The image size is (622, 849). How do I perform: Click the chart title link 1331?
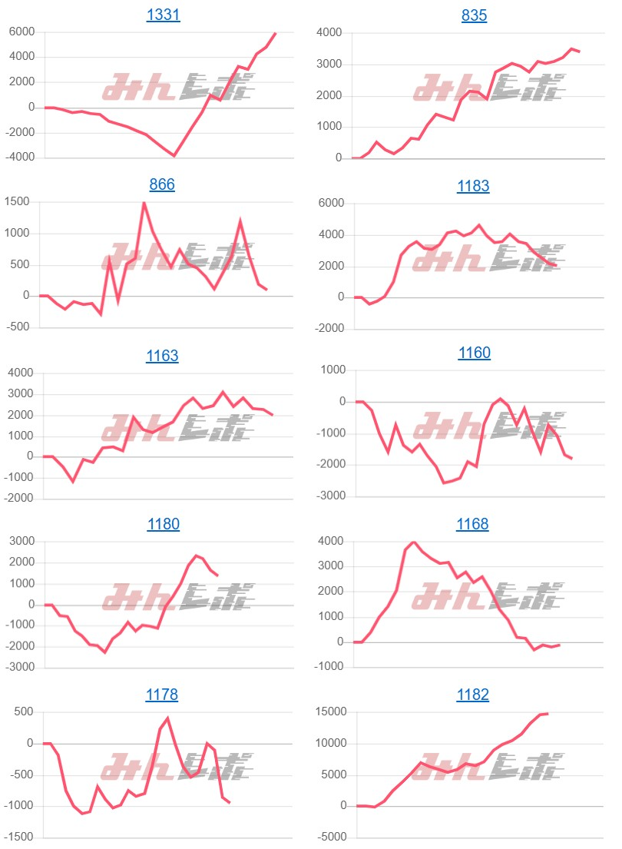163,15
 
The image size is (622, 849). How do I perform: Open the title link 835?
475,15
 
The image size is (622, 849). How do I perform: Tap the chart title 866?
162,184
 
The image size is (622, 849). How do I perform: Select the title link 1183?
473,186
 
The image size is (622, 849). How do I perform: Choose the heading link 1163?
162,356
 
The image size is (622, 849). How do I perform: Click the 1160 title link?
475,353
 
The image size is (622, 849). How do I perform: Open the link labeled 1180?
163,525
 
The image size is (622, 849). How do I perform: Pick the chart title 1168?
473,524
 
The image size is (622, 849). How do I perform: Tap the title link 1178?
162,695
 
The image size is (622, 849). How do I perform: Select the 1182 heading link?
473,695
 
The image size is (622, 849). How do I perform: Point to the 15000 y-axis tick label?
331,712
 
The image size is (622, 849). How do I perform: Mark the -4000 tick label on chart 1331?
20,158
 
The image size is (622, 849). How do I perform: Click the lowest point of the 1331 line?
174,155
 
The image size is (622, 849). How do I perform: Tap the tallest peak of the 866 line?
144,203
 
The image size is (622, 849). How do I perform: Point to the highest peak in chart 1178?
167,718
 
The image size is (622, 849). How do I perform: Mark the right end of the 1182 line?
547,714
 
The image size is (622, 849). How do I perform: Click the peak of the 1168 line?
414,542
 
